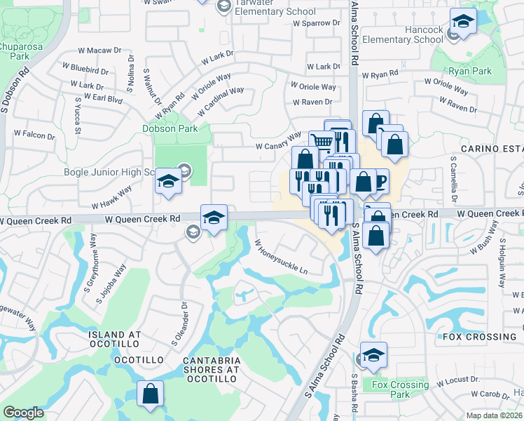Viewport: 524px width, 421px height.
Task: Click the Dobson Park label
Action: pyautogui.click(x=167, y=128)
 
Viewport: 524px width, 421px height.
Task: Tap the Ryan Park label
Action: pyautogui.click(x=471, y=71)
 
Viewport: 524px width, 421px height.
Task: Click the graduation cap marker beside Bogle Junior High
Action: pyautogui.click(x=168, y=182)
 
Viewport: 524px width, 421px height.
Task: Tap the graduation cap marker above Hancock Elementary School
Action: pyautogui.click(x=463, y=21)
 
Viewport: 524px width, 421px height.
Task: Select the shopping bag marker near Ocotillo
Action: pyautogui.click(x=151, y=394)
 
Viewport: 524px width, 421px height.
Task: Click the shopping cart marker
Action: pyautogui.click(x=322, y=142)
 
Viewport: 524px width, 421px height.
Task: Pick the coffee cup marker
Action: pyautogui.click(x=378, y=180)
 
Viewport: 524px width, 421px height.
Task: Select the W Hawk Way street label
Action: pyautogui.click(x=111, y=198)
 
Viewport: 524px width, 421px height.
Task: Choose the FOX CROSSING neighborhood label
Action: pyautogui.click(x=479, y=337)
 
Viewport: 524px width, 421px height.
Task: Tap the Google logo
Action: pyautogui.click(x=23, y=413)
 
